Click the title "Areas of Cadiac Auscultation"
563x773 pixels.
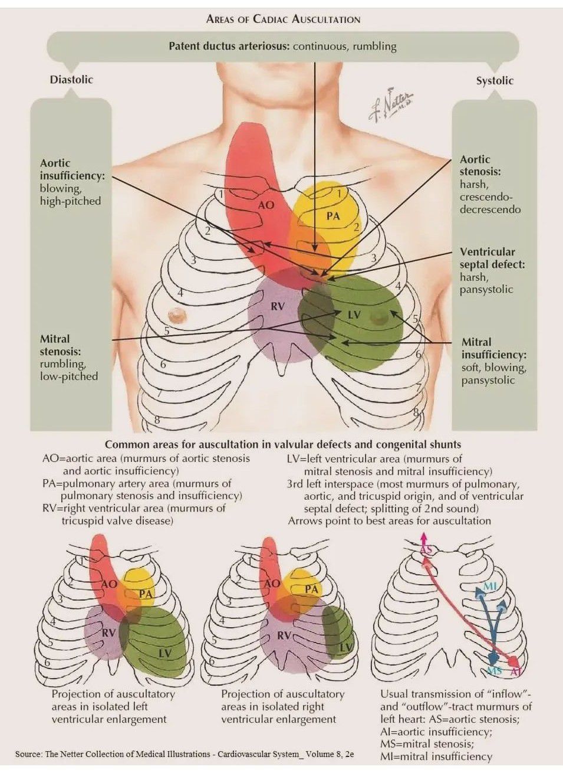(283, 19)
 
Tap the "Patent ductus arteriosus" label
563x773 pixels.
(229, 46)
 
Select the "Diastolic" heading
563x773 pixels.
(71, 80)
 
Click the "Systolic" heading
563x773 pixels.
(494, 81)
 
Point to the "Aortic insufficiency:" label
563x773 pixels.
(72, 169)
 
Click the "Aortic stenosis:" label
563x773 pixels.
(480, 165)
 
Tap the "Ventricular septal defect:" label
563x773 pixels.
(492, 258)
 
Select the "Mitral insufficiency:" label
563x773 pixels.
(493, 348)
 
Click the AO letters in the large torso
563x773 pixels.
(266, 205)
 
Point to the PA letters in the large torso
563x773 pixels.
(333, 216)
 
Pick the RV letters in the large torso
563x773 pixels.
(277, 306)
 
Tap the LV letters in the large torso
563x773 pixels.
(353, 315)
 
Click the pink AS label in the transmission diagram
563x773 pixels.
(426, 550)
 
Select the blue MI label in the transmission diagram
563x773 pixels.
(490, 586)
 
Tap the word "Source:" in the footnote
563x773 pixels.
(28, 754)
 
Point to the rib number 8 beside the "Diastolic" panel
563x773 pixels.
(157, 420)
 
